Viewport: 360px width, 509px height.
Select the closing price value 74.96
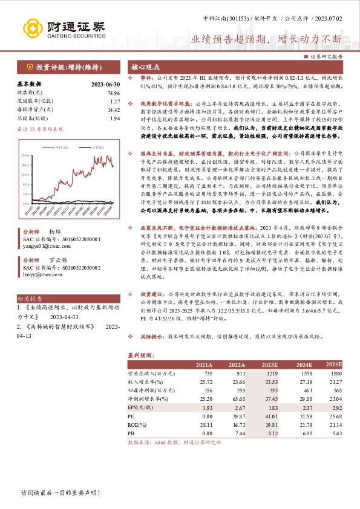click(114, 92)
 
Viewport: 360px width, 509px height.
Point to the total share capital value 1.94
click(115, 119)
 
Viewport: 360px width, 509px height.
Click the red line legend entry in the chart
click(61, 147)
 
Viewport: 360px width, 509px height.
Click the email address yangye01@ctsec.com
click(43, 246)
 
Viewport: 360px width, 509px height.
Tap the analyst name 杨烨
click(55, 232)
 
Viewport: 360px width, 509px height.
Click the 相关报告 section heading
click(30, 299)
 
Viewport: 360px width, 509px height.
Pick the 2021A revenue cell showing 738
click(205, 375)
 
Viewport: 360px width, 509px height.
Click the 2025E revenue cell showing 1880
click(334, 375)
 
